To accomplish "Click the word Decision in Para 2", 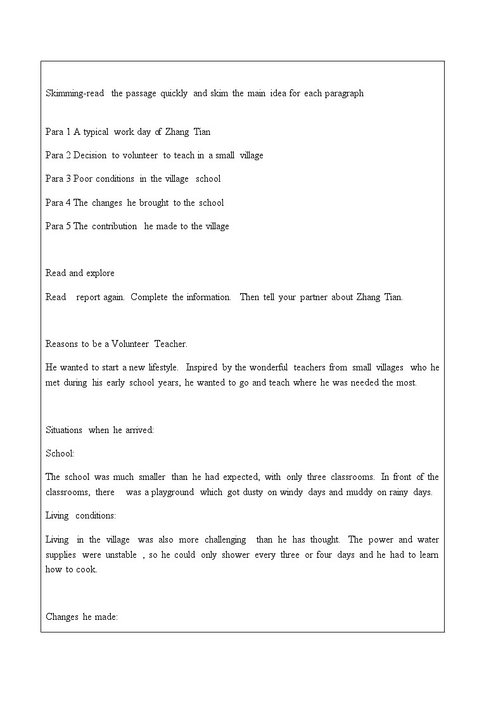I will tap(90, 155).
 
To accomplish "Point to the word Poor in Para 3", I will tap(83, 179).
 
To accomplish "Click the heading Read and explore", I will tap(80, 273).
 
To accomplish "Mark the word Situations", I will tap(64, 430).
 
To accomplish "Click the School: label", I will tap(60, 453).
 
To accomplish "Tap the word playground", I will tap(172, 492).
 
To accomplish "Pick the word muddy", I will tap(359, 492).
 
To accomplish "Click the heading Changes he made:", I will tap(82, 616).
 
